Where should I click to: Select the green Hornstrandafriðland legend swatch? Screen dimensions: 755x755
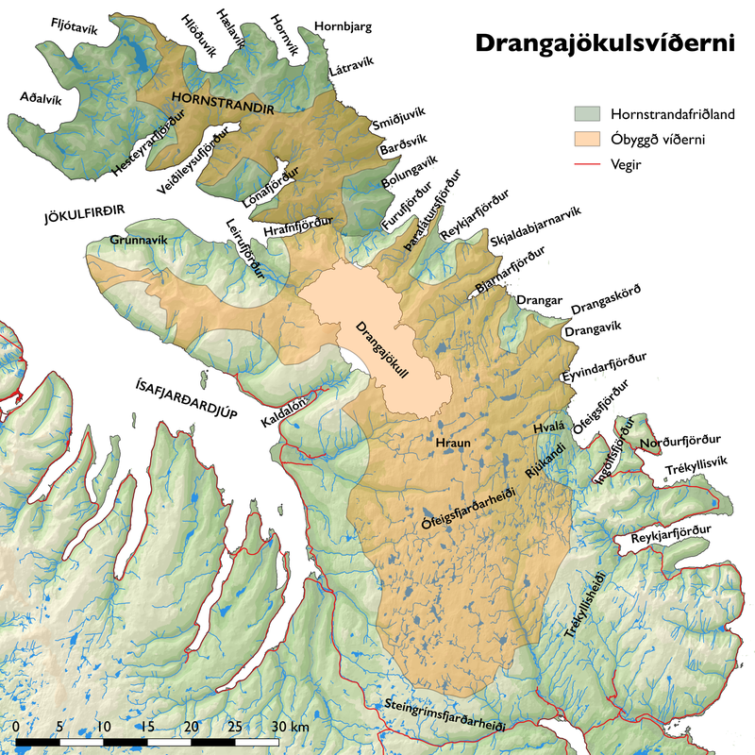[588, 113]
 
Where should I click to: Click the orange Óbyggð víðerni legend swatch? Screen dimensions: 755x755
[588, 140]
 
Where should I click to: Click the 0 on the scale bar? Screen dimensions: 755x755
[18, 727]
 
